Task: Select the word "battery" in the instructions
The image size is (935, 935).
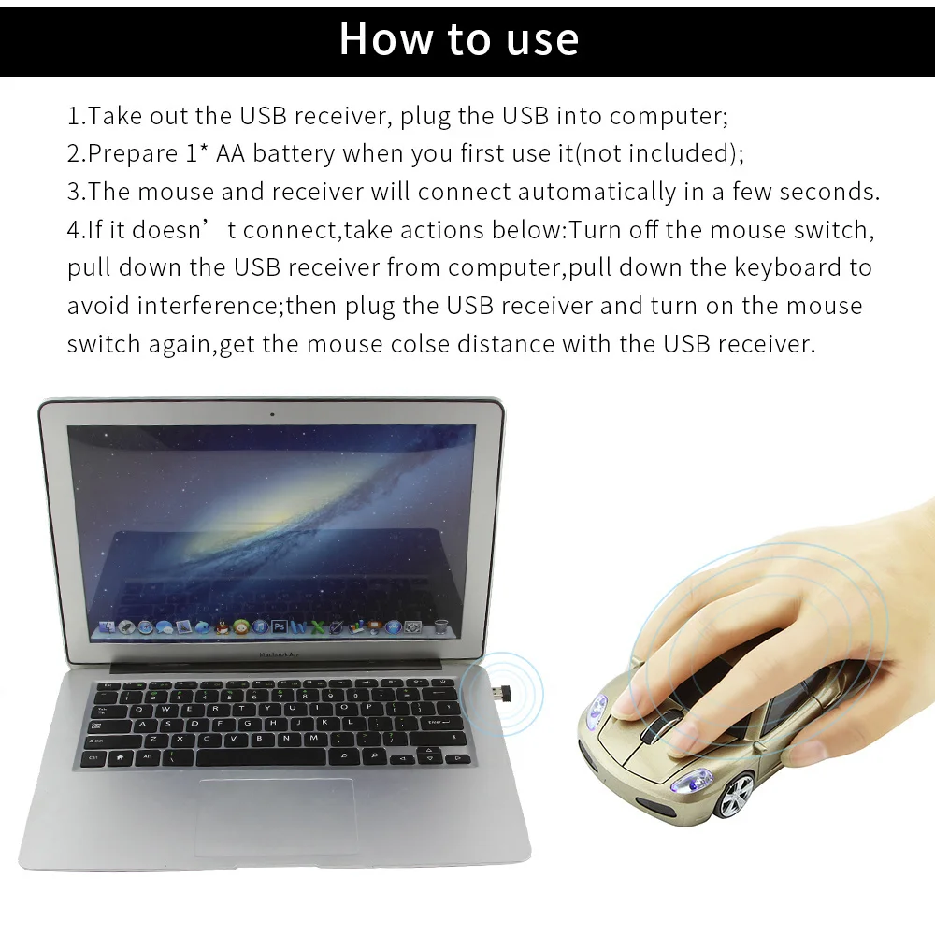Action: [293, 154]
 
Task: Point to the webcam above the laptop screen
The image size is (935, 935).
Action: [272, 413]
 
